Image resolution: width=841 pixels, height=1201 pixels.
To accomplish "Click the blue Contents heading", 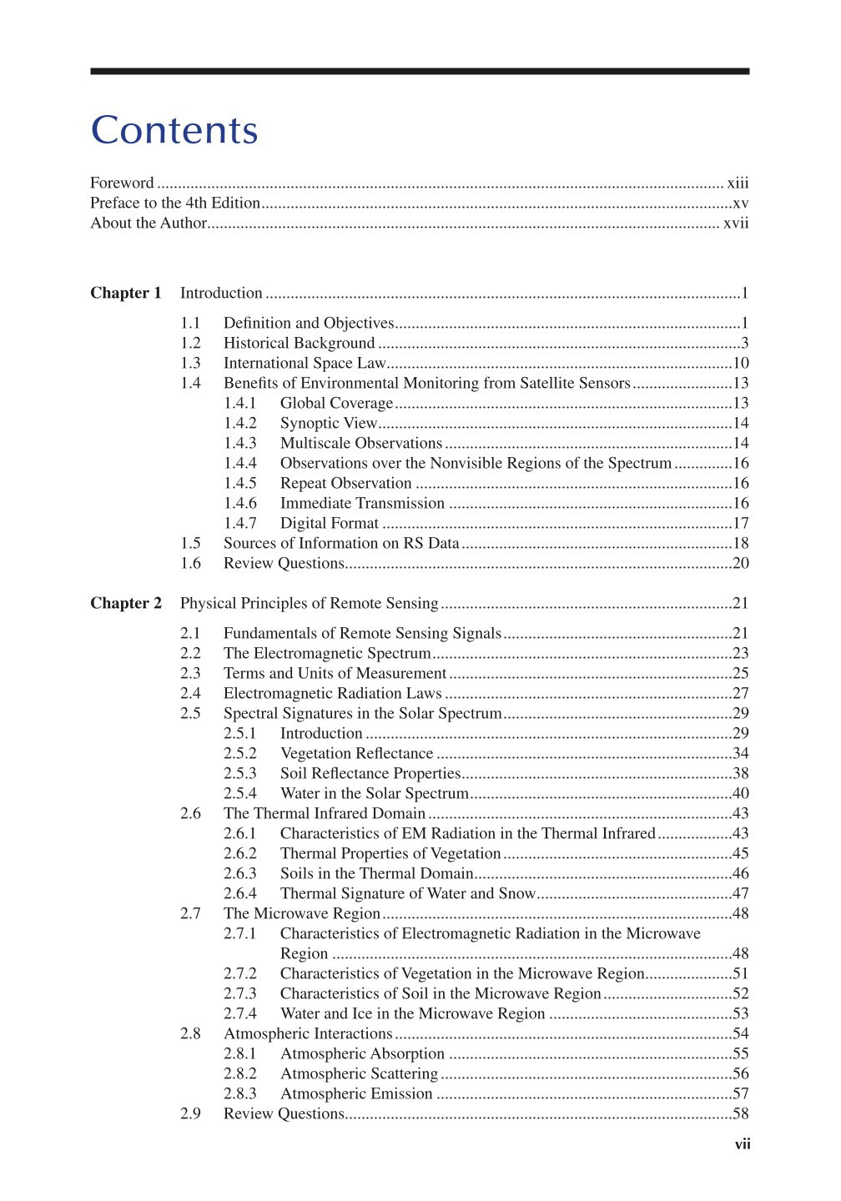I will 174,131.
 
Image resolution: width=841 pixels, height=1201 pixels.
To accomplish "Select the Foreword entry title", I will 122,183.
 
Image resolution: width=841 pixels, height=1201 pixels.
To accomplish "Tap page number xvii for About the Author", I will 736,223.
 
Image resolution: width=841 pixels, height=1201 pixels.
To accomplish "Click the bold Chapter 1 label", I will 126,293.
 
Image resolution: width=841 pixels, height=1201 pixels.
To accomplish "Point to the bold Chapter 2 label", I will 126,603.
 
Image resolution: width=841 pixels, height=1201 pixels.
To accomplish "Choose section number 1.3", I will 190,363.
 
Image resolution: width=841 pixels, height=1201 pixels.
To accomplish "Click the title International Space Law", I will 305,363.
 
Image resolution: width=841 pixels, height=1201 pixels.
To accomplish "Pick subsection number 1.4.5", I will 240,483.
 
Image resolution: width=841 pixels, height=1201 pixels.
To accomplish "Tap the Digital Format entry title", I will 330,523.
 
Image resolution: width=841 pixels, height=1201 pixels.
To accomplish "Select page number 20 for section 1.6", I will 741,563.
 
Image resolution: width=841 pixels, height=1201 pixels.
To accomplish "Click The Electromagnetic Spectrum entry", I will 327,653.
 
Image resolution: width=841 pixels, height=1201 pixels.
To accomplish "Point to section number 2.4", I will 190,693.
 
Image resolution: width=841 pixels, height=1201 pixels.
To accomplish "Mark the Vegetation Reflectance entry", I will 356,753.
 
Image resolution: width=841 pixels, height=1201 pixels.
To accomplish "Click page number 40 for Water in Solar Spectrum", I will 741,793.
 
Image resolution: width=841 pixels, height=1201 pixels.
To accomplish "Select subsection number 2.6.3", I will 240,873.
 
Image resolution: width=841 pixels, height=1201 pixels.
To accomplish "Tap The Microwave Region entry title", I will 302,913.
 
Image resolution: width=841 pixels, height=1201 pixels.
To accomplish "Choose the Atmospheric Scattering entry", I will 359,1073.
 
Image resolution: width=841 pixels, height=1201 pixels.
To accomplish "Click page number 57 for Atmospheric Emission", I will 741,1093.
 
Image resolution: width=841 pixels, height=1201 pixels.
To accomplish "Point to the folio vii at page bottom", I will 743,1144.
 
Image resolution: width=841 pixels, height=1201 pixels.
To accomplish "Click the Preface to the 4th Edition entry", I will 175,203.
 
